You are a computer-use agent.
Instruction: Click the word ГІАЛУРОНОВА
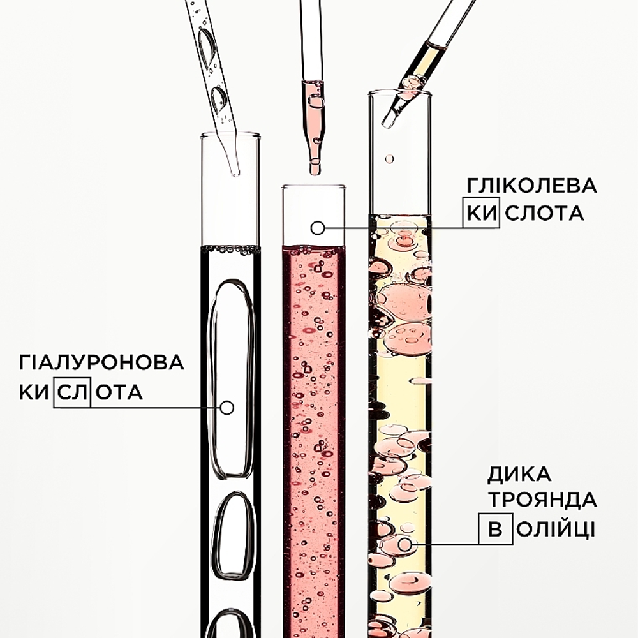click(101, 362)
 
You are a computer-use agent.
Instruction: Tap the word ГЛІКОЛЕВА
click(532, 186)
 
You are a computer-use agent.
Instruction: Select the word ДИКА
click(519, 475)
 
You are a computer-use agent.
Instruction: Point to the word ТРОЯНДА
click(542, 500)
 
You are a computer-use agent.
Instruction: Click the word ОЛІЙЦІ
click(556, 530)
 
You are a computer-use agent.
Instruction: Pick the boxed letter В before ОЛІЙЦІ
click(495, 529)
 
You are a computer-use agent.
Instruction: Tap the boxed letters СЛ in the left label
click(72, 392)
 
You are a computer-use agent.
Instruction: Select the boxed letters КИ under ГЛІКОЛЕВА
click(481, 213)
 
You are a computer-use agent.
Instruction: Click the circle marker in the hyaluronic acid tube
click(226, 407)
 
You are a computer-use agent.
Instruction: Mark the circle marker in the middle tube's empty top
click(317, 228)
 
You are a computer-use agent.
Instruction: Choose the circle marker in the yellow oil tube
click(404, 544)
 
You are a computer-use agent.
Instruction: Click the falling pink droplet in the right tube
click(389, 159)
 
